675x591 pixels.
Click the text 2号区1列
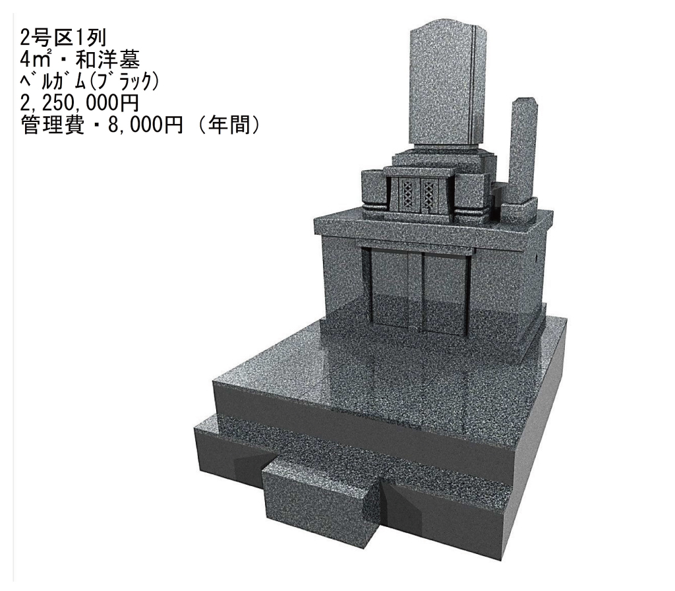tap(63, 38)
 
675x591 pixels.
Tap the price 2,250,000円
tap(79, 103)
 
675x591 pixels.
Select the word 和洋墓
tap(107, 60)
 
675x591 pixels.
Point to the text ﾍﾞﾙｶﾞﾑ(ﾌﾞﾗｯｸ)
tap(89, 81)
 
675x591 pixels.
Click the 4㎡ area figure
tap(36, 60)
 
